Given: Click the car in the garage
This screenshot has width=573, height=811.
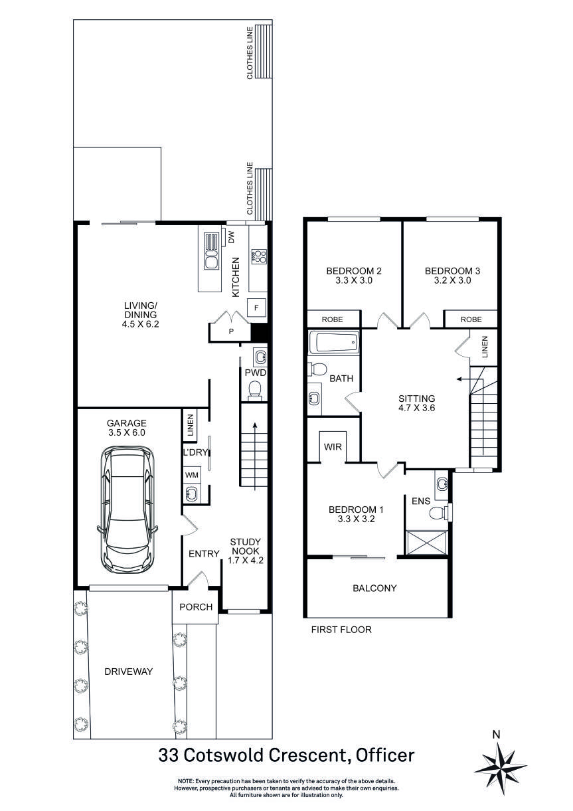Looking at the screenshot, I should pyautogui.click(x=127, y=508).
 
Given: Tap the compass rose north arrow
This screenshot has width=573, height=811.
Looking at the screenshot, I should pyautogui.click(x=500, y=763).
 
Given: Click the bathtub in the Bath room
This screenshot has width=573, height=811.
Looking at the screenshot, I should pyautogui.click(x=334, y=344).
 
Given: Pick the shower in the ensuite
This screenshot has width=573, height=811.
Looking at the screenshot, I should pyautogui.click(x=426, y=543).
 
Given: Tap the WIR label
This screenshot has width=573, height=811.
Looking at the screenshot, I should pyautogui.click(x=333, y=447).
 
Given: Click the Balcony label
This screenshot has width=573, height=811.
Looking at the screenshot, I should pyautogui.click(x=374, y=588).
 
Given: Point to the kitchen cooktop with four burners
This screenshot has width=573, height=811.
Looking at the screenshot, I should pyautogui.click(x=258, y=256).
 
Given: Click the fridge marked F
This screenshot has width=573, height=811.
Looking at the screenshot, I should pyautogui.click(x=256, y=308).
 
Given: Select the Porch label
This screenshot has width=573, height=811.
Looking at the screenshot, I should pyautogui.click(x=196, y=607).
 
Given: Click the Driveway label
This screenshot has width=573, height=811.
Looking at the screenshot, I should pyautogui.click(x=129, y=672).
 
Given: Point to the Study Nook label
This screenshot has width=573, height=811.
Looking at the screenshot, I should pyautogui.click(x=245, y=546).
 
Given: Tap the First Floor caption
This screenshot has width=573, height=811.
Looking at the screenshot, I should pyautogui.click(x=341, y=630).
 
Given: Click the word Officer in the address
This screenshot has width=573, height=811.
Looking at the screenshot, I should pyautogui.click(x=385, y=755).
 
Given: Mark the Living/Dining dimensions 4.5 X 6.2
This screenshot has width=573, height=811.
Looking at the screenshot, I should pyautogui.click(x=140, y=325).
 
